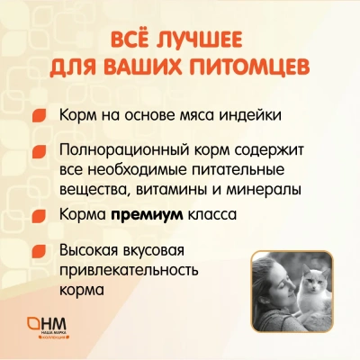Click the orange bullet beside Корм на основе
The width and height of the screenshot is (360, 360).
40,117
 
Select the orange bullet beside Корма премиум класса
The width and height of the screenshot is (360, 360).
40,216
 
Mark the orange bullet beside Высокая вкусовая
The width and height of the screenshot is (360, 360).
40,249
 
